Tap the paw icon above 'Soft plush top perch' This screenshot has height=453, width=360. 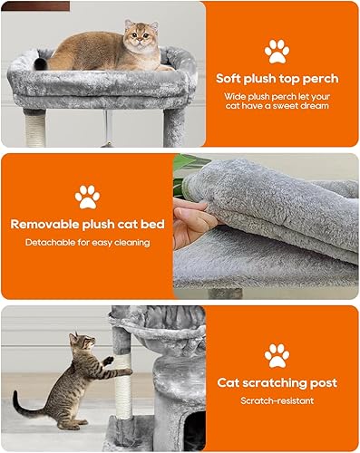pyautogui.click(x=277, y=51)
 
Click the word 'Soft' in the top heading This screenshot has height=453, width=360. pyautogui.click(x=231, y=78)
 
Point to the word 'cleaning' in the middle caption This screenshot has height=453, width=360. pyautogui.click(x=131, y=243)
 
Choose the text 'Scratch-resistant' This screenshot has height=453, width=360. pyautogui.click(x=277, y=400)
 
